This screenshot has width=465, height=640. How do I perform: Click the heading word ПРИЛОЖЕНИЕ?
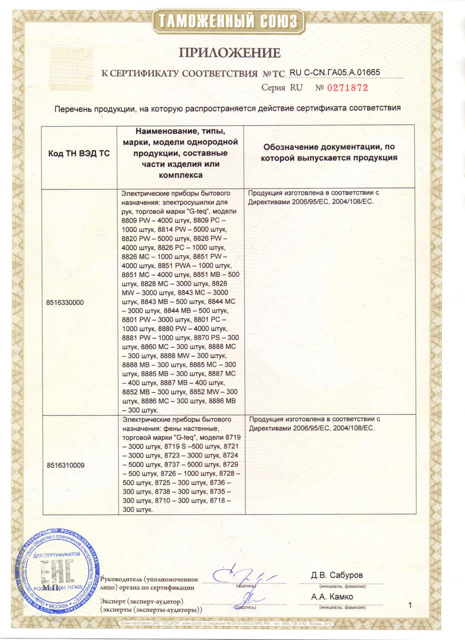coord(230,52)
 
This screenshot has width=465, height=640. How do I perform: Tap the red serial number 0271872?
coord(348,87)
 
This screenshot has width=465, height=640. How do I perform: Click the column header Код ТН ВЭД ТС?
coord(79,154)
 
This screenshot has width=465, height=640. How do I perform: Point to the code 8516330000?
coord(66,303)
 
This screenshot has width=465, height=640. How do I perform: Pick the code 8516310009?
coord(66,465)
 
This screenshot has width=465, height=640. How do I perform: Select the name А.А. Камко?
coord(332,597)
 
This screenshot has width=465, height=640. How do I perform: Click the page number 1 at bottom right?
coord(410,606)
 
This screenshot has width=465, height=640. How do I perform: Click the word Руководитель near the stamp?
coord(122,579)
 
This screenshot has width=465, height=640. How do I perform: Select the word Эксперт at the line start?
coord(113,600)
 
